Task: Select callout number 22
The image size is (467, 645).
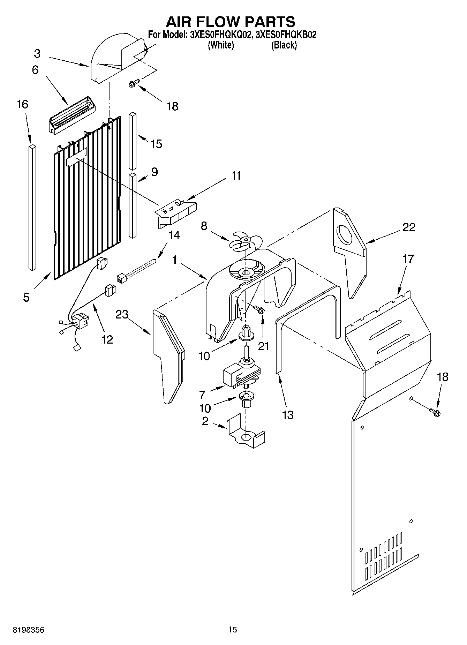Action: [x=409, y=227]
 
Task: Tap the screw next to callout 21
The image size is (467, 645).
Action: [x=259, y=309]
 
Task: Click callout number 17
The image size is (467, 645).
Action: [x=408, y=259]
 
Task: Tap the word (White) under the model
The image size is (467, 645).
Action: [x=220, y=45]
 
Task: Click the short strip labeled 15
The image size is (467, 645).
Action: [x=132, y=141]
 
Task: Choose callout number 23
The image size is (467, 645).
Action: [x=122, y=315]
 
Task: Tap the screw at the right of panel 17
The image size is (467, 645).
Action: [x=435, y=412]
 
